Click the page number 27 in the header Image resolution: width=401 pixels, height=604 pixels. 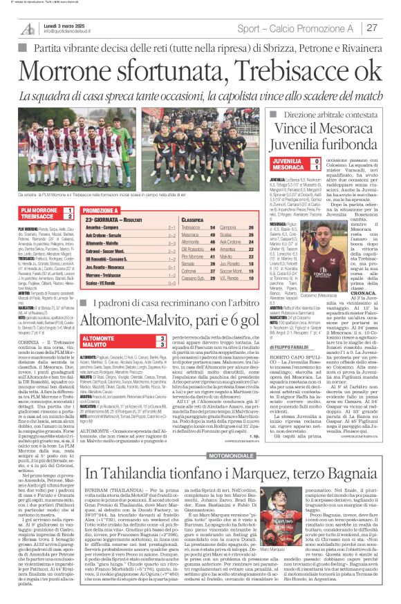372,28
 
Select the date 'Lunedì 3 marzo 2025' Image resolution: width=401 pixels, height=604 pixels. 68,25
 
